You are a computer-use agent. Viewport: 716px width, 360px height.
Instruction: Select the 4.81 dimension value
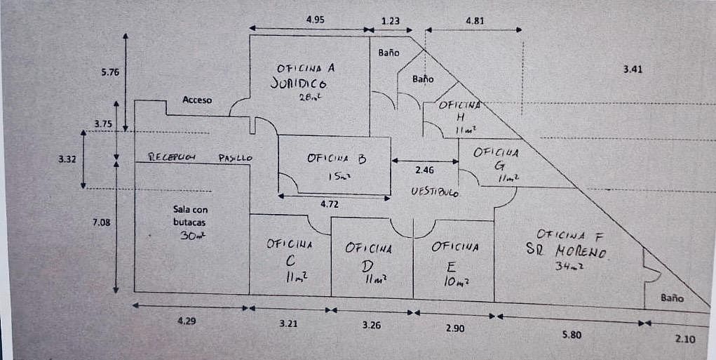point(475,20)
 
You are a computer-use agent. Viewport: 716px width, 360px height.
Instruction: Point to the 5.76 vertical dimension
point(111,72)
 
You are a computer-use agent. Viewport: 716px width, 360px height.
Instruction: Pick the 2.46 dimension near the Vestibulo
point(425,171)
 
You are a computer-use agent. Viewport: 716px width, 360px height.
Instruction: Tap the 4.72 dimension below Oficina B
point(329,205)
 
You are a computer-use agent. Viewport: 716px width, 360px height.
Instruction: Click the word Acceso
point(197,100)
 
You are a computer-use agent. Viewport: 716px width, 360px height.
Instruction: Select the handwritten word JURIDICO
point(298,83)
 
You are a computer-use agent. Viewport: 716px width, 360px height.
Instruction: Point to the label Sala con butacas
point(190,216)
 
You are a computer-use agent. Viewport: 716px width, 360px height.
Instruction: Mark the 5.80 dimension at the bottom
point(572,335)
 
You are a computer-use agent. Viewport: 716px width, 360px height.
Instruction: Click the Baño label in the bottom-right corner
point(672,298)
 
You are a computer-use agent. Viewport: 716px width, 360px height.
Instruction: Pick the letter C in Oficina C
point(291,261)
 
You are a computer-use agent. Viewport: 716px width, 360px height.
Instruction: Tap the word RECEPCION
point(173,156)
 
